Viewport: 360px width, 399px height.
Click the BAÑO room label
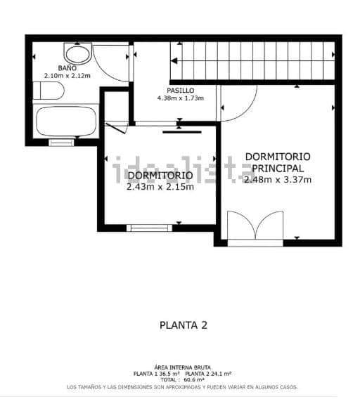pos(67,67)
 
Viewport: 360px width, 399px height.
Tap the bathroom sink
pos(78,53)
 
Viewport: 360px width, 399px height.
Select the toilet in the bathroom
pos(49,91)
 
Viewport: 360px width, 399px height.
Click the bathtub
pos(65,122)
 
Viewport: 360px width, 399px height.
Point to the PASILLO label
pos(181,90)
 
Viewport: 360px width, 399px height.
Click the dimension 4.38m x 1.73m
pos(181,98)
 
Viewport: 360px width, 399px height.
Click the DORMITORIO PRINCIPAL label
pos(278,162)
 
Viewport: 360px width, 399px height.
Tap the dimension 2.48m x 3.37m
pos(278,179)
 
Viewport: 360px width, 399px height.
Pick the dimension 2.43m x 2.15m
pos(160,187)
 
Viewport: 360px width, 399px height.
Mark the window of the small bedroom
pos(149,227)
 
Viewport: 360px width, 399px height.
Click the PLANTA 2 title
pos(184,325)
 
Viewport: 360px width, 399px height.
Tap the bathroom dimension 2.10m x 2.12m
pos(67,75)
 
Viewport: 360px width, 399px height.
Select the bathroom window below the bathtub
pos(61,142)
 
